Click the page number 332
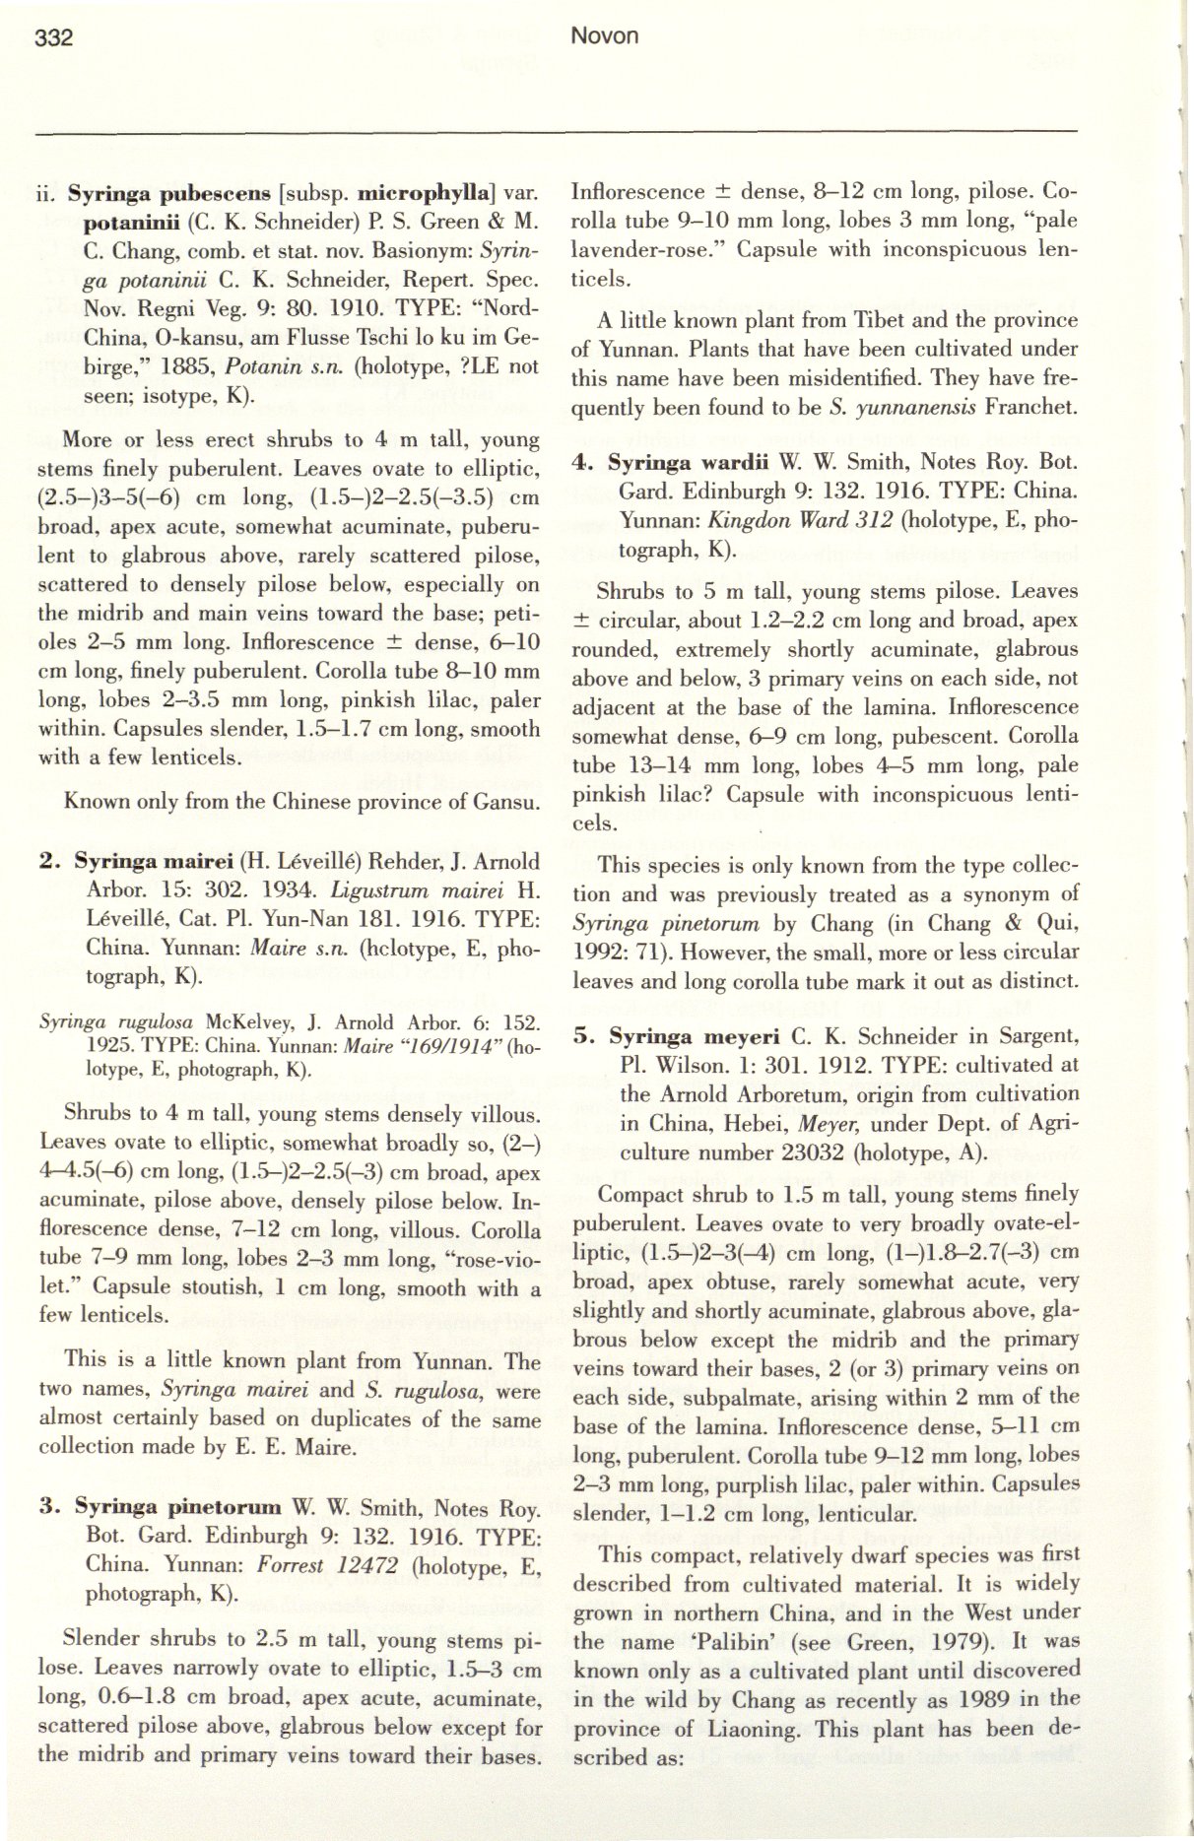54,37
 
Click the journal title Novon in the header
605,36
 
